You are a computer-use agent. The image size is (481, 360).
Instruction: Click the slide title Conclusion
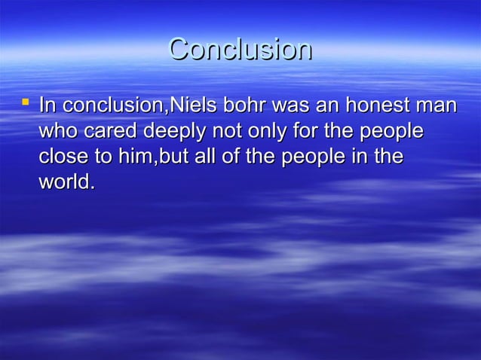[240, 50]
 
